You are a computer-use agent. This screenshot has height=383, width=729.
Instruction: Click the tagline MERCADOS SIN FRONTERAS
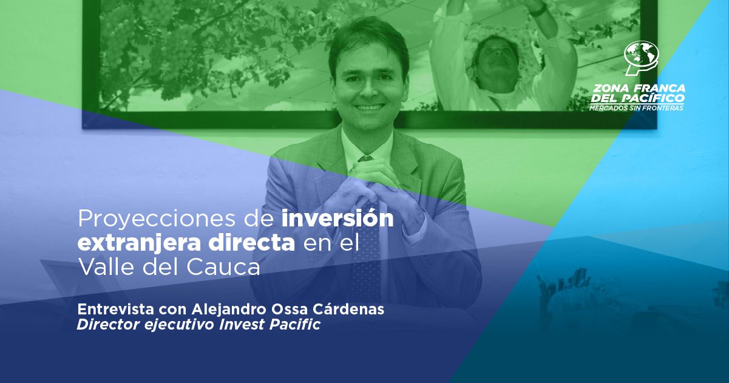[636, 108]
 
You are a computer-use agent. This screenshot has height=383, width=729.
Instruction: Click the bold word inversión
[337, 218]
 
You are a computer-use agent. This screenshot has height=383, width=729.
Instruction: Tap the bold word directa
[251, 242]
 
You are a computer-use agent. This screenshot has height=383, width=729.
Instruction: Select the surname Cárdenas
[348, 309]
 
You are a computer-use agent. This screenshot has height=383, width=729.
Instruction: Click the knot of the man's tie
[365, 159]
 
